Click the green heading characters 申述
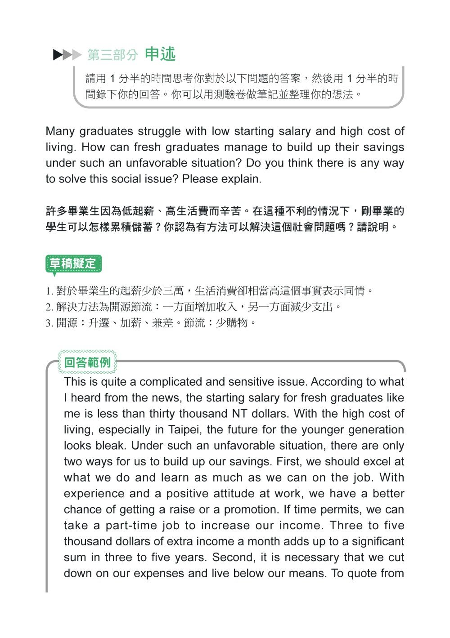pos(160,54)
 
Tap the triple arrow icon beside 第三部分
pos(67,55)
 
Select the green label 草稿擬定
pos(73,263)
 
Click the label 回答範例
pos(87,362)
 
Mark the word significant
pos(378,541)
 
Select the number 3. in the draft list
pos(49,323)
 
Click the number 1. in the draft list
pos(49,291)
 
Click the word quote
pos(361,573)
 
